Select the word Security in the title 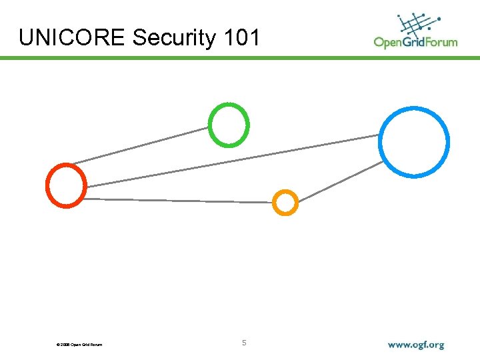[174, 38]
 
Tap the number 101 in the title [242, 38]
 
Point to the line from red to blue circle [233, 160]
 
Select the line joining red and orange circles [180, 200]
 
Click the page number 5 [244, 343]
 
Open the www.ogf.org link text [415, 345]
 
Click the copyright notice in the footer [79, 345]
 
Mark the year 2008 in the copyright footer [65, 345]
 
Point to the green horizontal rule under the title [240, 58]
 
